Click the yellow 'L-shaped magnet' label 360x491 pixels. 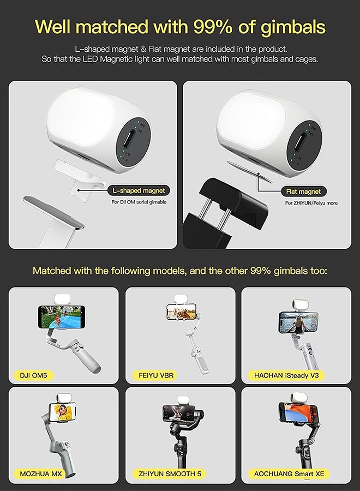(138, 190)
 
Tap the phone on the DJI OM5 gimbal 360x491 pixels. (62, 317)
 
